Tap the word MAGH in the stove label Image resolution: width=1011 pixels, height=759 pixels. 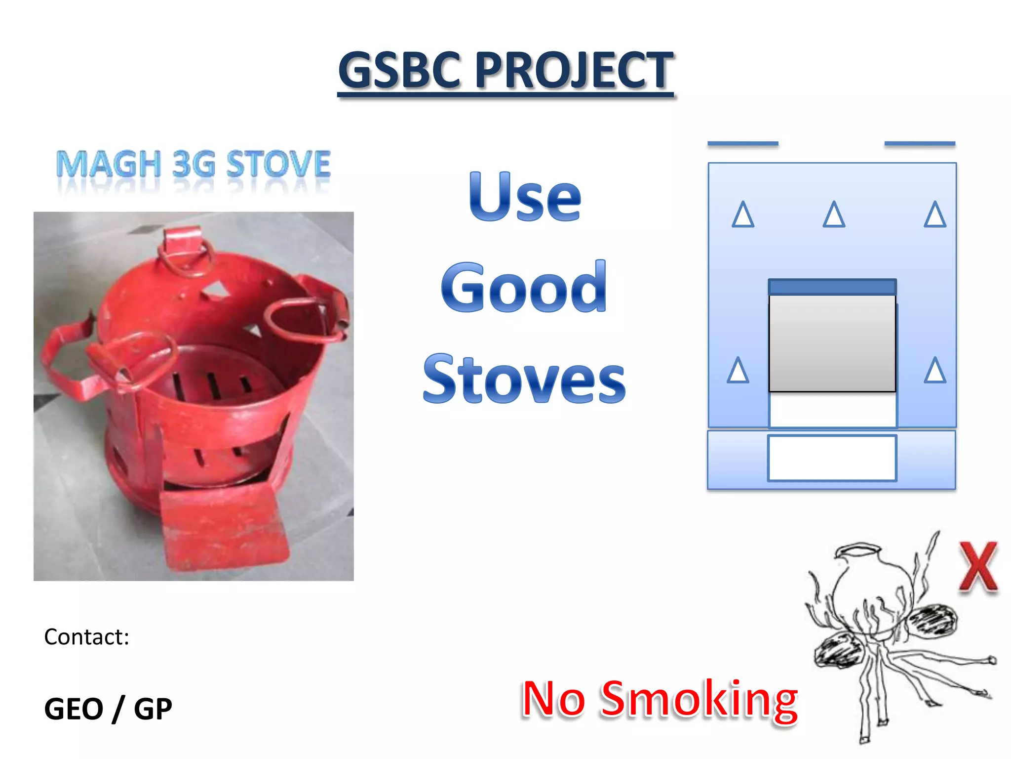tap(109, 164)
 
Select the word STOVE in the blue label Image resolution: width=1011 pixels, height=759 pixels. tap(278, 164)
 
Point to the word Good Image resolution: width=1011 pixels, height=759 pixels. tap(524, 288)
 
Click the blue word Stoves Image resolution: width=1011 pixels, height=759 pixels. tap(524, 379)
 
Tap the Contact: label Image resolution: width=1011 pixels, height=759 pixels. tap(87, 637)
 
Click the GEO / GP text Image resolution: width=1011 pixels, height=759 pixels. tap(108, 709)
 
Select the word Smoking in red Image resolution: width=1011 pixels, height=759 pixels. tap(699, 699)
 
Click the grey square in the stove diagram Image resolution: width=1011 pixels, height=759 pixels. tap(832, 343)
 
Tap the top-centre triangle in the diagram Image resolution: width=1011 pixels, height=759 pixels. tap(834, 215)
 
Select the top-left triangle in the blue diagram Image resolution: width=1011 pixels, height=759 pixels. tap(743, 215)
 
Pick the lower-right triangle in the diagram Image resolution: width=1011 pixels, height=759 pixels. tap(935, 371)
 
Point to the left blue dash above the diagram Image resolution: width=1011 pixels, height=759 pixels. tap(743, 144)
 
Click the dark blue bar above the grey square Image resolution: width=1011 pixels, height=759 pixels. tap(832, 287)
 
